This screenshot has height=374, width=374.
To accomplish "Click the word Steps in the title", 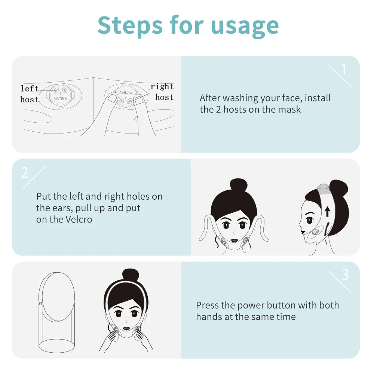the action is (x=130, y=25).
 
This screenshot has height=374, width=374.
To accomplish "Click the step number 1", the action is (x=343, y=70).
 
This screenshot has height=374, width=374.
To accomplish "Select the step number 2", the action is (x=25, y=172).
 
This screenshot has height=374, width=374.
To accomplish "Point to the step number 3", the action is (x=345, y=275).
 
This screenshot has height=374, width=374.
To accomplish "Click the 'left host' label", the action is (x=30, y=94).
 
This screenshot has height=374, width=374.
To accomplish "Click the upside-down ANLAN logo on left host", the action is (x=61, y=98).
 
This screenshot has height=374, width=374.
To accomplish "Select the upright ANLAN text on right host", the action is (x=126, y=92).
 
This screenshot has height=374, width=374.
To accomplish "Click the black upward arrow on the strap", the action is (x=328, y=211).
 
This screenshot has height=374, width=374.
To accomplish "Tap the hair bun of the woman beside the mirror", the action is (x=131, y=276).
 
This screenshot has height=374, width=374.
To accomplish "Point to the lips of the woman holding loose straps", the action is (x=234, y=240).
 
